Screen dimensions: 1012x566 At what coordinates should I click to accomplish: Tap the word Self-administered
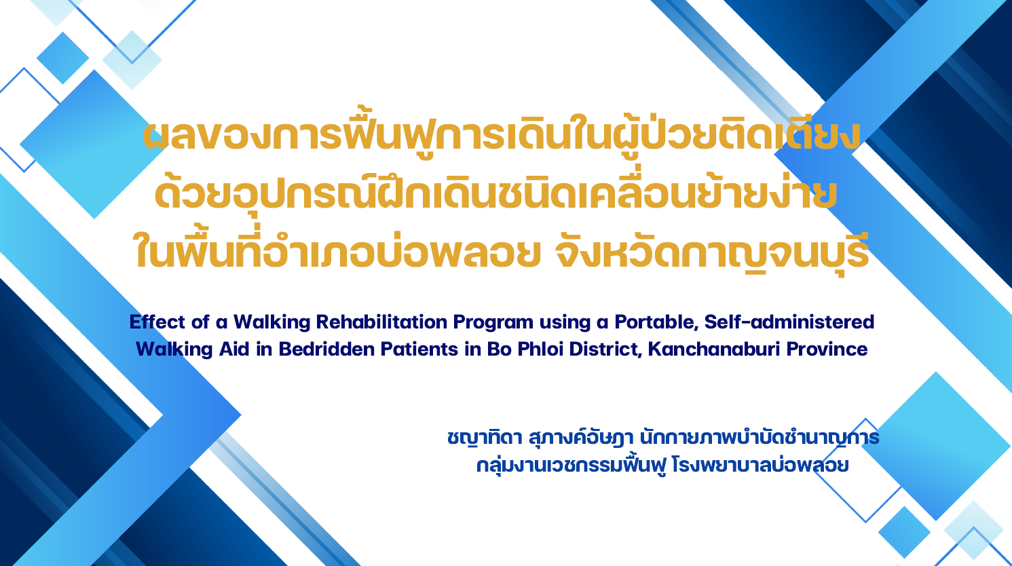[789, 322]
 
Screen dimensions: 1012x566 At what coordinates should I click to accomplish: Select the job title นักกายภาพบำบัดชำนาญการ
[760, 438]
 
